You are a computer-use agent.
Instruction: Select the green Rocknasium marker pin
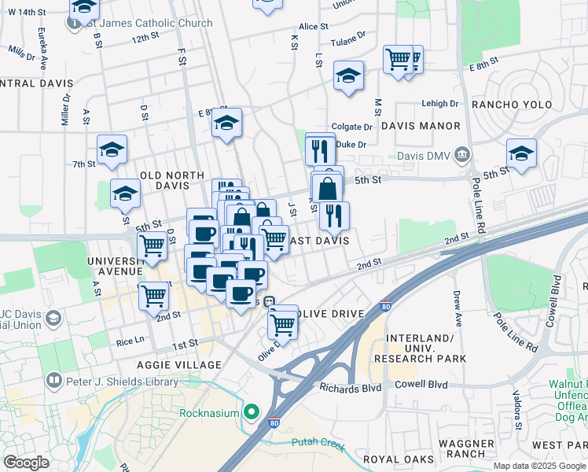pyautogui.click(x=252, y=411)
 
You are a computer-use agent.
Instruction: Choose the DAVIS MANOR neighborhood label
pyautogui.click(x=421, y=126)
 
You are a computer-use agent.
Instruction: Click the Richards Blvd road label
pyautogui.click(x=350, y=387)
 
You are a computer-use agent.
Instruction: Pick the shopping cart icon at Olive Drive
pyautogui.click(x=282, y=323)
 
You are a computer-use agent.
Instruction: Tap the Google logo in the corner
pyautogui.click(x=26, y=463)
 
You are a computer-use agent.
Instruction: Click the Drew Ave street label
pyautogui.click(x=458, y=308)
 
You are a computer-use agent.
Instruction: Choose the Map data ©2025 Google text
pyautogui.click(x=538, y=466)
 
